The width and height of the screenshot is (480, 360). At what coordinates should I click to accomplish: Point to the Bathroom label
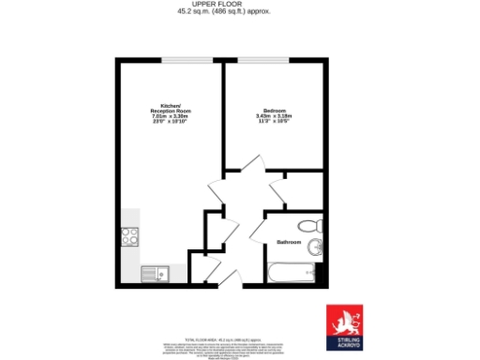pos(289,242)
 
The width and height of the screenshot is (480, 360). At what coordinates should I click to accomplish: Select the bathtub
pos(292,275)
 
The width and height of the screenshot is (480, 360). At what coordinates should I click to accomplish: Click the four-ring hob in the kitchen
pos(128,237)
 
